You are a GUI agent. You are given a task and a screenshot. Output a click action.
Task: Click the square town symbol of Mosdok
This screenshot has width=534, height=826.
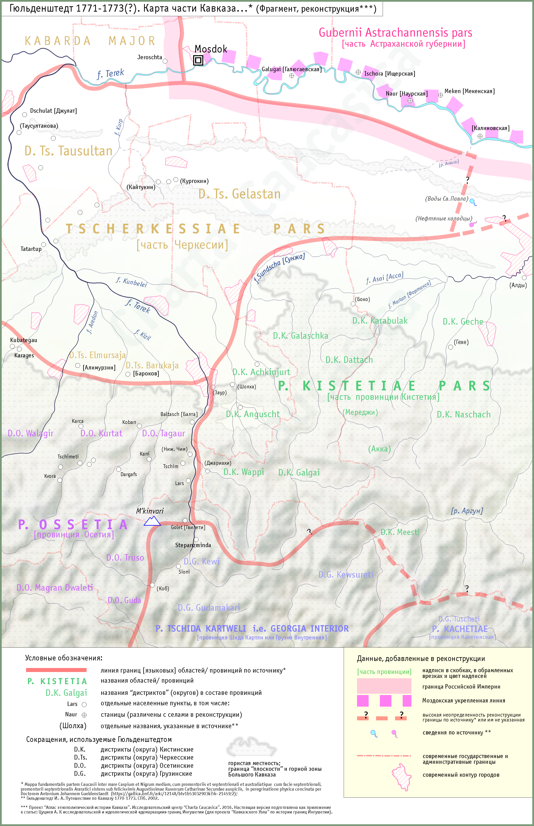[x=198, y=60]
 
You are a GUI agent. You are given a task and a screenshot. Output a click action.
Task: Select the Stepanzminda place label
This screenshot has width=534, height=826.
[x=193, y=545]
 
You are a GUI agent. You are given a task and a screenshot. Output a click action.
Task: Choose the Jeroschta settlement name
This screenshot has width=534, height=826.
[x=149, y=57]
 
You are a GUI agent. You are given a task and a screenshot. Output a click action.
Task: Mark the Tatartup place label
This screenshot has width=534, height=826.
[x=31, y=249]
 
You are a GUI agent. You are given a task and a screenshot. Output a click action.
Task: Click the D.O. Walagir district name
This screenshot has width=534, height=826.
[x=30, y=433]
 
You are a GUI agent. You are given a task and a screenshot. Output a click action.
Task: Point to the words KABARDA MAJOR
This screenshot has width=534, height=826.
[x=90, y=41]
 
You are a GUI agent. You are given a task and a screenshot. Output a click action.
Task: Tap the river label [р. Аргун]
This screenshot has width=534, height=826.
[x=467, y=511]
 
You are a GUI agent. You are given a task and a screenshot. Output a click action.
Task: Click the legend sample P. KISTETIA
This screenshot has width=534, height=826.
[x=57, y=681]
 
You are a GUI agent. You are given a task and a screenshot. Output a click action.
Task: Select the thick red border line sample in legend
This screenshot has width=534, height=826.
[x=56, y=670]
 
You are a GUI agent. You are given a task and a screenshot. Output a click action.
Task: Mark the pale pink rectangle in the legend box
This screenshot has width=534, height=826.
[x=384, y=686]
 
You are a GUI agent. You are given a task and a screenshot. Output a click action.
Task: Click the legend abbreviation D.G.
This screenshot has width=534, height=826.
[x=80, y=774]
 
